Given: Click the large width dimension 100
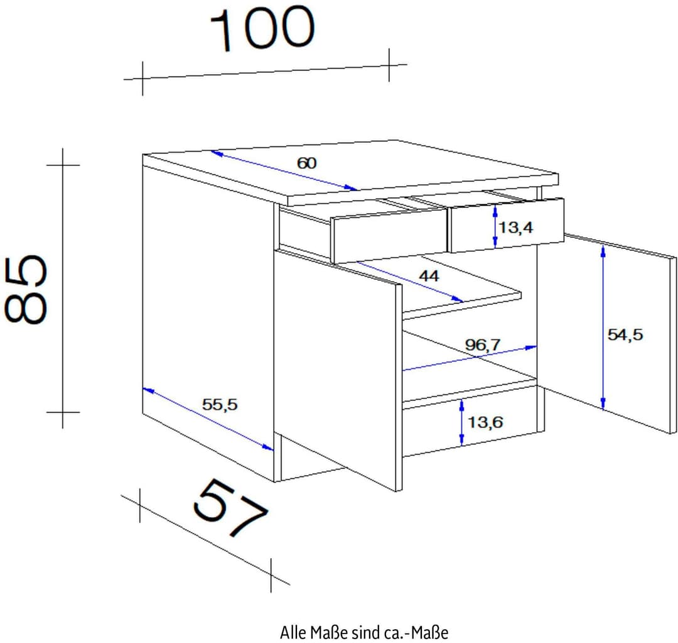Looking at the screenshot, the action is tap(262, 28).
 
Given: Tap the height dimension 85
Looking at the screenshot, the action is tap(26, 289).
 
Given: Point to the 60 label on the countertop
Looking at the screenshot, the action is tap(306, 163).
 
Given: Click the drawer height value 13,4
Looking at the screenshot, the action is tap(516, 227).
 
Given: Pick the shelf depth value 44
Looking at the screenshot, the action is tap(429, 276).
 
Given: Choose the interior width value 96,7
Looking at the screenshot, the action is tap(483, 344).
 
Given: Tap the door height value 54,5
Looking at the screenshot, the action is tap(625, 334).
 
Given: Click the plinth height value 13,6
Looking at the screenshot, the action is tap(485, 422).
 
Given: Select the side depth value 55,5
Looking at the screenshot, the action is tap(220, 404).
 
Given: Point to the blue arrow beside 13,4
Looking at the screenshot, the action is tap(495, 226).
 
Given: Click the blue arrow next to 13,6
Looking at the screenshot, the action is tap(462, 422).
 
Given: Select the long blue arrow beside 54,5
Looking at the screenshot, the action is tap(603, 327).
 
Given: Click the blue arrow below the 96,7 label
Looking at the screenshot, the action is tap(470, 358).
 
